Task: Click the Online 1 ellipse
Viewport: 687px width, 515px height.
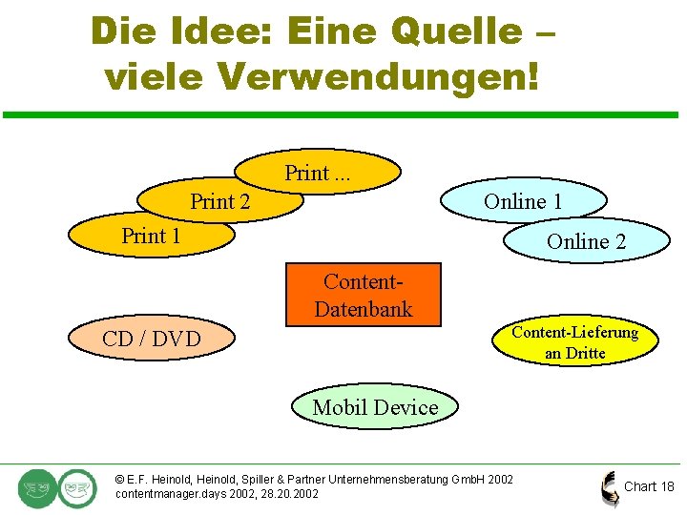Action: [x=523, y=201]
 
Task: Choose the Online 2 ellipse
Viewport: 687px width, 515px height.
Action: [x=585, y=241]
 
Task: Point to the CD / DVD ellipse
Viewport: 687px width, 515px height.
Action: [x=152, y=339]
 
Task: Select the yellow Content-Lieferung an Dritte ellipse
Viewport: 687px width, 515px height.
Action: [x=575, y=341]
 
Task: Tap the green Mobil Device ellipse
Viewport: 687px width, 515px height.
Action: [x=375, y=407]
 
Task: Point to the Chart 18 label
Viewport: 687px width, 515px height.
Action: [x=649, y=486]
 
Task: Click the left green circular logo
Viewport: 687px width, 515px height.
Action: [x=37, y=487]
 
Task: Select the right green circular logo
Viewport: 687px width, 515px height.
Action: [x=76, y=487]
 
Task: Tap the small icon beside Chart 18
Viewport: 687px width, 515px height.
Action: [x=610, y=487]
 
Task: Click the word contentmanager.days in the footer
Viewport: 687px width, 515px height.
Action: [x=165, y=494]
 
